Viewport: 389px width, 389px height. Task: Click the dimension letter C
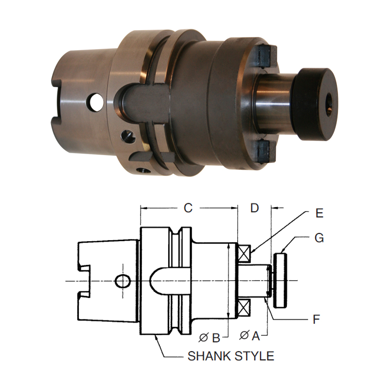pos(188,209)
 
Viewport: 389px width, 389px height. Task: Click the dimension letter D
pos(255,209)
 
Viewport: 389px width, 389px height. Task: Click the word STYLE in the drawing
pos(256,356)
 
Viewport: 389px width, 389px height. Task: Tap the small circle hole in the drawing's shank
pos(123,281)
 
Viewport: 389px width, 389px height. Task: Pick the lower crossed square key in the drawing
pos(244,308)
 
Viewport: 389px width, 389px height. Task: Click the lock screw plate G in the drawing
pos(281,280)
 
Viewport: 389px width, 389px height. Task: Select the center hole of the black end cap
pos(329,103)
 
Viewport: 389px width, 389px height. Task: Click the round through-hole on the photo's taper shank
pos(96,103)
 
